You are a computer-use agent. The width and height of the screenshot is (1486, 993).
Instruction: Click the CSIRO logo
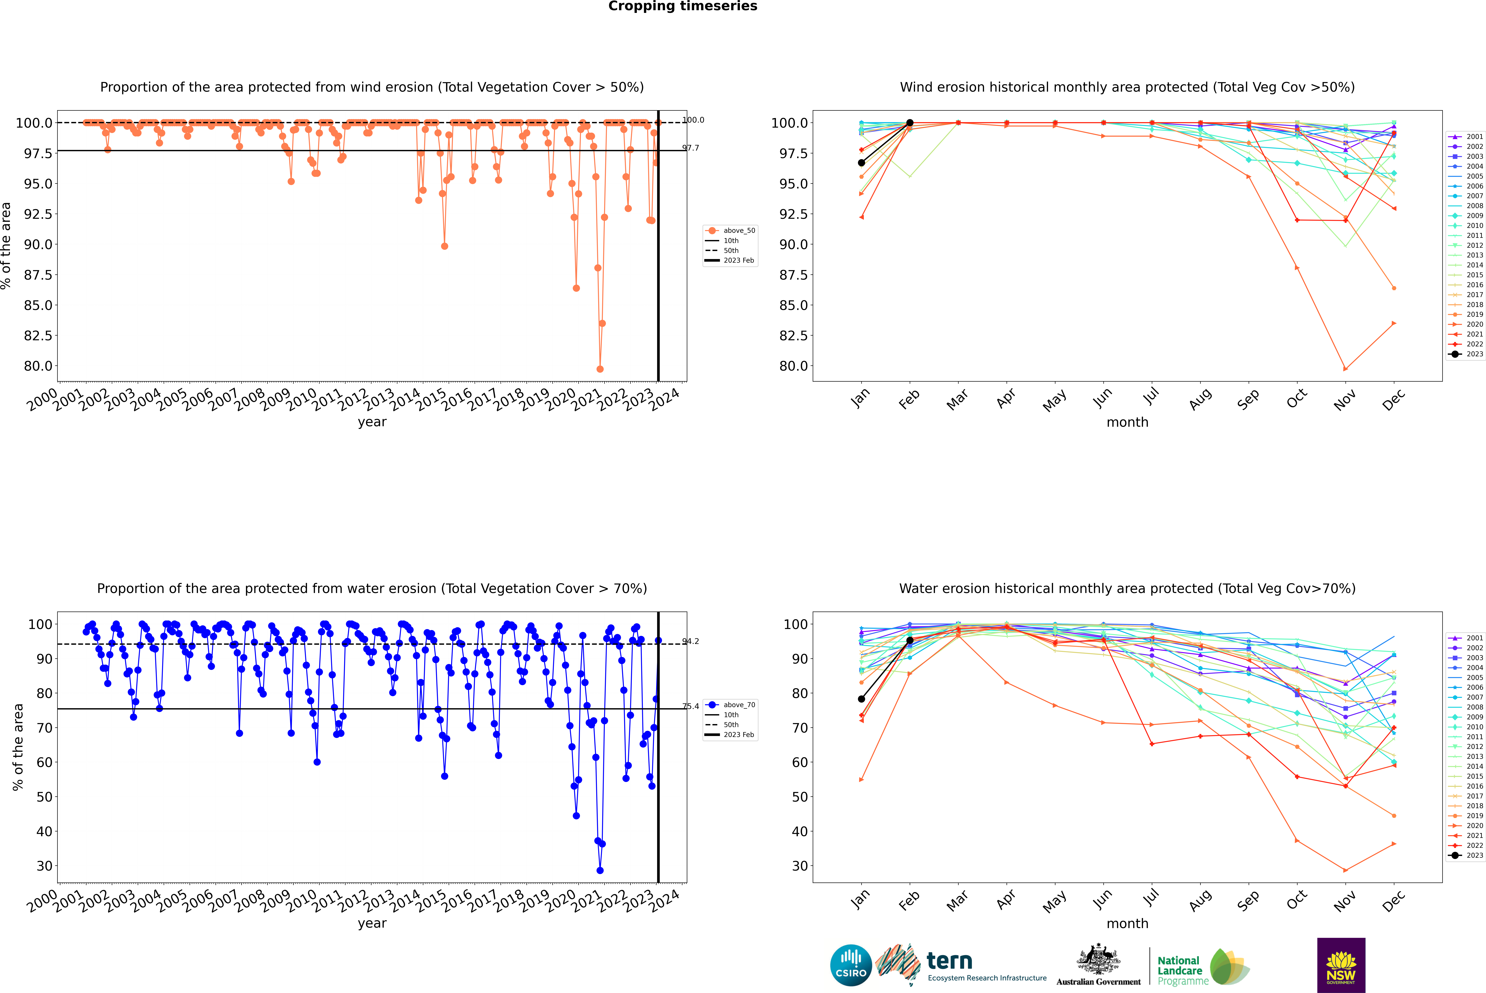point(851,965)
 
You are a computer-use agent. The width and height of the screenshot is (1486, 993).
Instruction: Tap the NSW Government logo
point(1341,965)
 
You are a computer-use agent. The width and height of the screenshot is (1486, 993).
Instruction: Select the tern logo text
point(949,961)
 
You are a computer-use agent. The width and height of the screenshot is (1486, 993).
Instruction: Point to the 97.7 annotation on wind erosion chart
point(690,148)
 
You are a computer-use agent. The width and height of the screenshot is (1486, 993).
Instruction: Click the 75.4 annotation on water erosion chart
point(690,706)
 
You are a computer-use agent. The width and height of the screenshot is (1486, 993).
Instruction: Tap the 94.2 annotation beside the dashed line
point(690,642)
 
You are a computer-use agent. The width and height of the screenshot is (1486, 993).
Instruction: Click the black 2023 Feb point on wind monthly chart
point(910,123)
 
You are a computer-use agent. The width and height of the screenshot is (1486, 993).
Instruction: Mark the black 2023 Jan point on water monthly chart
point(861,699)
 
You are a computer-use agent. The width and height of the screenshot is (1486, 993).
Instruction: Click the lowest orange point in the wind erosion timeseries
point(600,369)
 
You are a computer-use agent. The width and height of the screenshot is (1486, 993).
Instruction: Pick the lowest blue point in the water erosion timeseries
point(600,870)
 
